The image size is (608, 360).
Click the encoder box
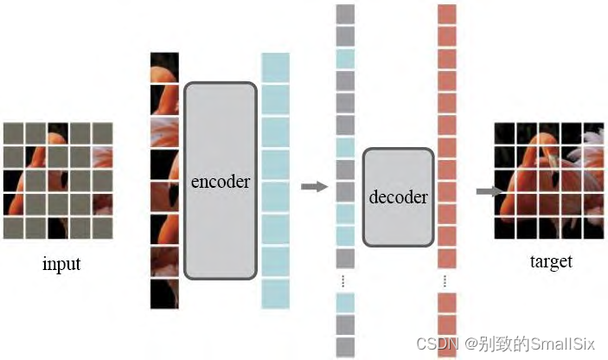pos(221,181)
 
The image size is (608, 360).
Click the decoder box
pos(398,196)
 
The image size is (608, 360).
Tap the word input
pos(61,263)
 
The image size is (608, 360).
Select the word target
pos(550,261)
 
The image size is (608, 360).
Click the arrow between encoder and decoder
pos(314,186)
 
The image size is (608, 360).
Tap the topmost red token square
pos(446,14)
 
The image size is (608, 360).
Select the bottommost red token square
pos(446,345)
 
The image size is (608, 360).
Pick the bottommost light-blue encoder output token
pos(275,292)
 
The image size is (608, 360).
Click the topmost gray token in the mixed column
pos(345,14)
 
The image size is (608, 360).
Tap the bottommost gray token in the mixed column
pos(345,345)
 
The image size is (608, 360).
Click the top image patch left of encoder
pos(163,67)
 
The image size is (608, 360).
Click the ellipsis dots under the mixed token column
pos(344,280)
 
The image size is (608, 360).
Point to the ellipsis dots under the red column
pos(446,280)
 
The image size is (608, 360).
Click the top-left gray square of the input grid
pos(14,132)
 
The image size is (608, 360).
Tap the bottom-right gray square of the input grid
pos(102,228)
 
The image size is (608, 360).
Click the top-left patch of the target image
pos(505,132)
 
